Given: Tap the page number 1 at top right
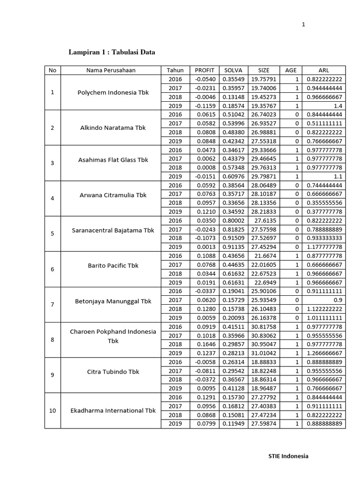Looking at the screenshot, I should (x=303, y=25).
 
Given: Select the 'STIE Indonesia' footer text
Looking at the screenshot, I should (x=288, y=456).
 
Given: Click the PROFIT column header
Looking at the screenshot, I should (x=204, y=70).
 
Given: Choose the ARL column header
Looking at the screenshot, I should (x=323, y=70).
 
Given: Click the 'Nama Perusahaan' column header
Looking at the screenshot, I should (x=111, y=70).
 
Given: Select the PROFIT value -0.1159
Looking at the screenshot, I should (x=204, y=106).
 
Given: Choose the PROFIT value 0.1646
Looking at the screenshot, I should (x=205, y=344).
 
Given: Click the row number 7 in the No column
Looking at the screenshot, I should (x=52, y=305).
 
